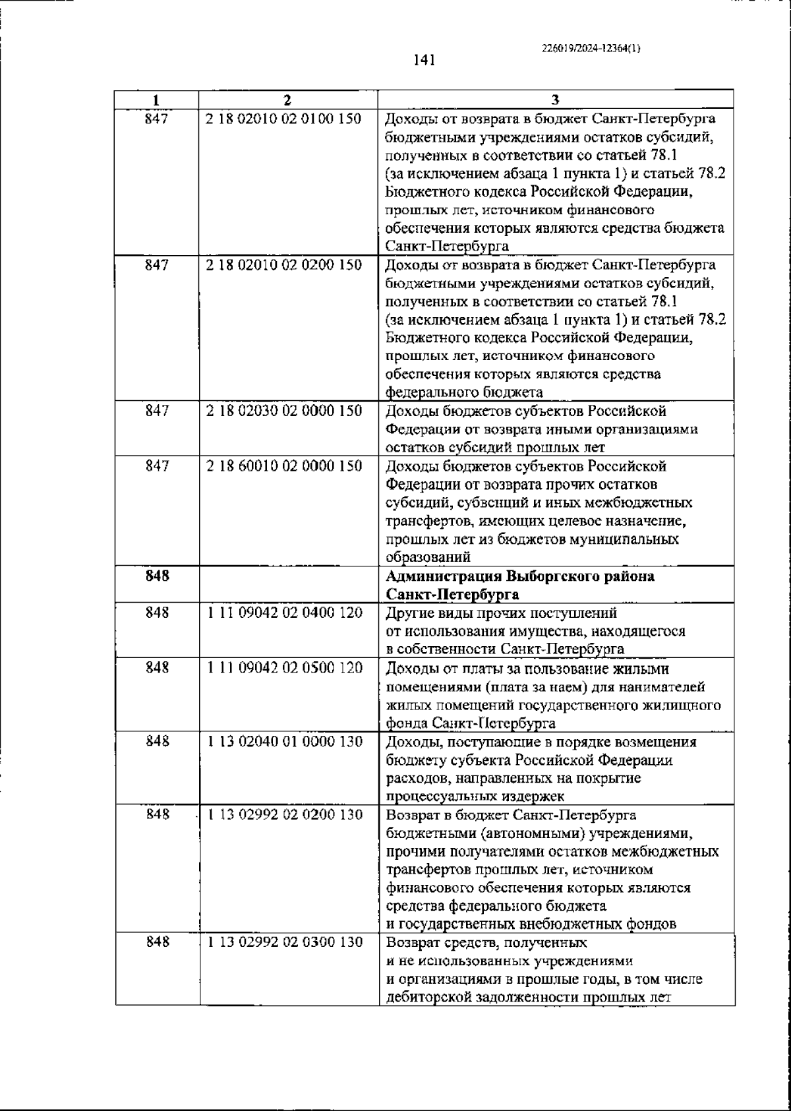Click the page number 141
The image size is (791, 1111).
(425, 61)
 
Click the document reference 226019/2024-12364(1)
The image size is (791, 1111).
(591, 48)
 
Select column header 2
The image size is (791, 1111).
(287, 100)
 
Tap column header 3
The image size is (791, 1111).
(555, 100)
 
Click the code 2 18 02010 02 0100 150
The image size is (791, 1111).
(284, 119)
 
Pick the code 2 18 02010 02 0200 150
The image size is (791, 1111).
(284, 265)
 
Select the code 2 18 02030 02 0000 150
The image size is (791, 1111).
(284, 411)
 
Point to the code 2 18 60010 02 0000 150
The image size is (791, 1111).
(284, 466)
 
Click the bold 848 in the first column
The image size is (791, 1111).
(157, 576)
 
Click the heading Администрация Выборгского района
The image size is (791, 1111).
(520, 576)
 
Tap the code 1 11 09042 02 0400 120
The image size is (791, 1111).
(285, 613)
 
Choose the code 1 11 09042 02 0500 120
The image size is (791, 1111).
(285, 668)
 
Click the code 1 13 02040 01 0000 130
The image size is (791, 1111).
(285, 742)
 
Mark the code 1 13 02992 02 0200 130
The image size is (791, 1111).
(285, 815)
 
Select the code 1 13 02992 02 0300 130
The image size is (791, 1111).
(285, 942)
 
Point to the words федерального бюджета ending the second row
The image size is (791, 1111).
(464, 393)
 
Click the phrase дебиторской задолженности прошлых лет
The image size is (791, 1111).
(528, 998)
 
